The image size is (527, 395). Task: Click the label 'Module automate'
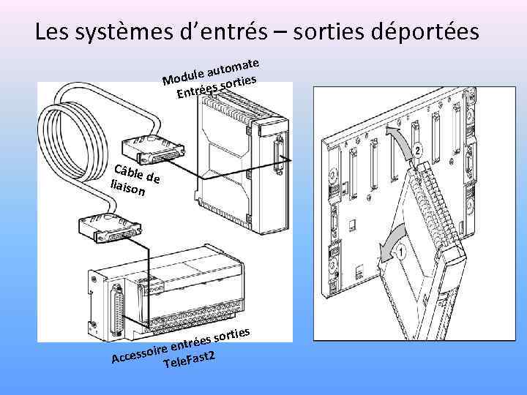(x=212, y=69)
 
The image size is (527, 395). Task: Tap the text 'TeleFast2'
(x=190, y=359)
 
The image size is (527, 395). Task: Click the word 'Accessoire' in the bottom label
(x=139, y=353)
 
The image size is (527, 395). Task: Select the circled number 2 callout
(x=417, y=151)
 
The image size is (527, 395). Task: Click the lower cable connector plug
(x=108, y=227)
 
